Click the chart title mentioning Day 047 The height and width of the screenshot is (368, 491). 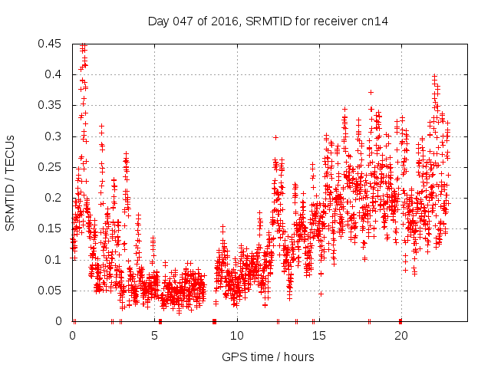coord(268,21)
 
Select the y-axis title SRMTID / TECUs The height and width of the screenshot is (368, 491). coord(10,182)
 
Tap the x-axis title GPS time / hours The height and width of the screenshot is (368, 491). coord(268,356)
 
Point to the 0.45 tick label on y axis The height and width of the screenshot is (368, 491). coord(51,44)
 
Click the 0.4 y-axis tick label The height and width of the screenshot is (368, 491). coord(54,74)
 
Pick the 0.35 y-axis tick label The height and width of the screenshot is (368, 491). coord(51,105)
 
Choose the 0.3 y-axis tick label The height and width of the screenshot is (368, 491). coord(54,136)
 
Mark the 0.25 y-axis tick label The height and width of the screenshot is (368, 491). coord(51,167)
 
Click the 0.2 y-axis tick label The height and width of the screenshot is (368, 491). coord(54,198)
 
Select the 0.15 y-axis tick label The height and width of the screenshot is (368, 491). coord(51,228)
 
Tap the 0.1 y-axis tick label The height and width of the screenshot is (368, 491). coord(54,260)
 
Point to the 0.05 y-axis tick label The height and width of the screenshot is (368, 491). coord(51,291)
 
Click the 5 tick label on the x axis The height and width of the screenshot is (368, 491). coord(154,336)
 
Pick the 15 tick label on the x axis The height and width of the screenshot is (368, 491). coord(318,336)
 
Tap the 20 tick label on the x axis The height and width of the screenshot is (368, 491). coord(400,336)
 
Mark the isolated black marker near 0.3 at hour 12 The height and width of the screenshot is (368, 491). coord(275,137)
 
